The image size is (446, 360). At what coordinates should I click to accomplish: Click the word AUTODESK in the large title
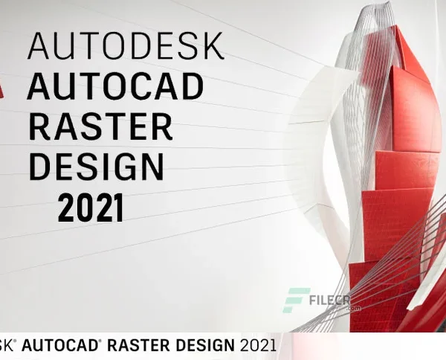tap(125, 47)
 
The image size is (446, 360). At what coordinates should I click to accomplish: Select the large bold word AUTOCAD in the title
tap(114, 87)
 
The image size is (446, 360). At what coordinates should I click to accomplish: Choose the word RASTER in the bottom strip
tap(142, 345)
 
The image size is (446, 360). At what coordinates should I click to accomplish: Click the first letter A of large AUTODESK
tap(39, 47)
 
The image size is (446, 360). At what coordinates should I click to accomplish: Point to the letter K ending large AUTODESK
tap(212, 47)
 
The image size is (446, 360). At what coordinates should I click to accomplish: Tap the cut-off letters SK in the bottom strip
tap(7, 345)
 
